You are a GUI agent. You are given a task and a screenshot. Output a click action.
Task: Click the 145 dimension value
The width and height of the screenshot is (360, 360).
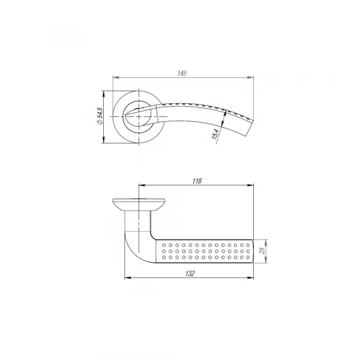pos(182,73)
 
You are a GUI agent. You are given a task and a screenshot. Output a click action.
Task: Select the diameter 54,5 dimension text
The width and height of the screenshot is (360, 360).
pos(100,116)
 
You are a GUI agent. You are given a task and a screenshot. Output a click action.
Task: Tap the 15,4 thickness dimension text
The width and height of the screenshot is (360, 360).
pos(215,134)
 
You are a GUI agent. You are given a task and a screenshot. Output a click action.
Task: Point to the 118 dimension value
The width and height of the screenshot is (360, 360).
pos(197,181)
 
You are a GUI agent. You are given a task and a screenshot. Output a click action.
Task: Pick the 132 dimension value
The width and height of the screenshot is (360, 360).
pos(190,274)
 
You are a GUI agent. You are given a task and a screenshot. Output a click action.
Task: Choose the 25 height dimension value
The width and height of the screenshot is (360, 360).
pos(263,250)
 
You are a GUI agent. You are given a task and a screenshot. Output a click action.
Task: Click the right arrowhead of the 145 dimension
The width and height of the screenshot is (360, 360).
pos(250,77)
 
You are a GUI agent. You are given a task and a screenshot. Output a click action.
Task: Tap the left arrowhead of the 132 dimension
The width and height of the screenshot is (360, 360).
pos(128,278)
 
